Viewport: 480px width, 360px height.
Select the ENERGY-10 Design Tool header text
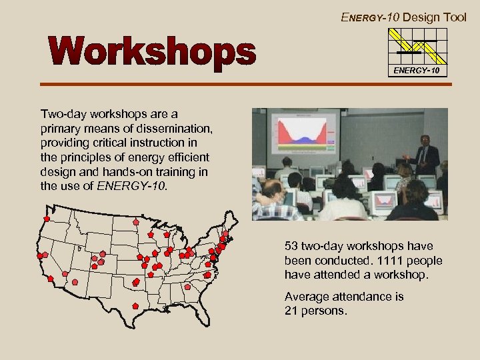pyautogui.click(x=403, y=17)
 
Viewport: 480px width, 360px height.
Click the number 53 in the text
pyautogui.click(x=292, y=247)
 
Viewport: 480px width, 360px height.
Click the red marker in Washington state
pyautogui.click(x=47, y=219)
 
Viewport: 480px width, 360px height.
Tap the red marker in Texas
pyautogui.click(x=136, y=305)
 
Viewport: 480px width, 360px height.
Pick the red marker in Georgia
pyautogui.click(x=187, y=287)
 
